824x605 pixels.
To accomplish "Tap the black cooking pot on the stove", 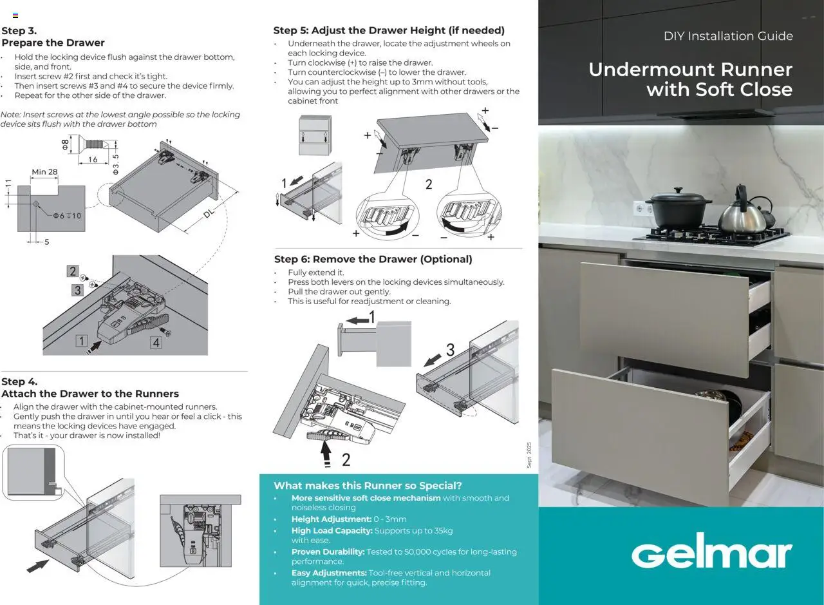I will pos(678,211).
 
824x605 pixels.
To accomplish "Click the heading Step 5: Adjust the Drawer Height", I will pos(389,30).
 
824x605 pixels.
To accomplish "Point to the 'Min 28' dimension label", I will pos(44,172).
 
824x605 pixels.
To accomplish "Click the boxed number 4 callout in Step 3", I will pos(156,343).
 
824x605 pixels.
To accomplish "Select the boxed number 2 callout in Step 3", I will pos(73,271).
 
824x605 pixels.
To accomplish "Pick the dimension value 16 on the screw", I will pos(93,160).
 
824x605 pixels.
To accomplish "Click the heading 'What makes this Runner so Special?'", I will pos(368,486).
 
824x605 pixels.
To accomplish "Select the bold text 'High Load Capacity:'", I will pos(332,530).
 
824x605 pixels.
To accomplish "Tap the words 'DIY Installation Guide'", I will pos(728,36).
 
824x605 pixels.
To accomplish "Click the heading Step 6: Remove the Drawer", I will pos(373,259).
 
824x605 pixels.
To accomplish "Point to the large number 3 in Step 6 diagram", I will pos(450,351).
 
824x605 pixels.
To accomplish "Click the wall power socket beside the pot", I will pos(640,208).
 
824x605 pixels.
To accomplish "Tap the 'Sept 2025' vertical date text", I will pos(529,455).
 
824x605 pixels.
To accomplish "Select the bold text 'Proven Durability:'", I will pos(328,552).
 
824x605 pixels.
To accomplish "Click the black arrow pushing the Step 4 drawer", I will pos(38,566).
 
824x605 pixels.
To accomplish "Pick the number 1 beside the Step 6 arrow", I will pos(371,318).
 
